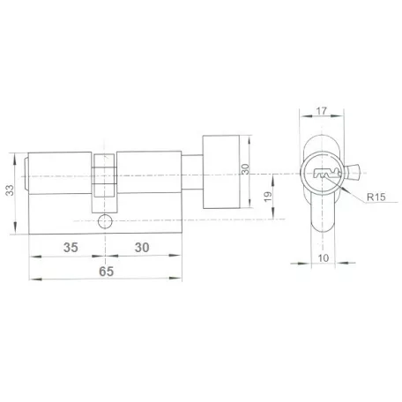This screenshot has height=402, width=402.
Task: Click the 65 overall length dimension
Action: pos(106,272)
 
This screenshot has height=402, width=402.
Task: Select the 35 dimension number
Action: pos(71,248)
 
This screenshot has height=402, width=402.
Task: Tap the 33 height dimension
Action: pos(10,190)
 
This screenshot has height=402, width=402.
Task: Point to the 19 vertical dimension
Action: pos(268,197)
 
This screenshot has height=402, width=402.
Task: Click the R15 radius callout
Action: pos(376,197)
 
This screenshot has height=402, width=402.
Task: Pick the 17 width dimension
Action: pos(322,111)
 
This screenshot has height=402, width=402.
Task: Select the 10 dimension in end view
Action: pos(324,258)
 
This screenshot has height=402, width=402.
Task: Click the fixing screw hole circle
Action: pos(105,221)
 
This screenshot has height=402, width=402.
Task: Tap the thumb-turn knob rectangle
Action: pos(221,172)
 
